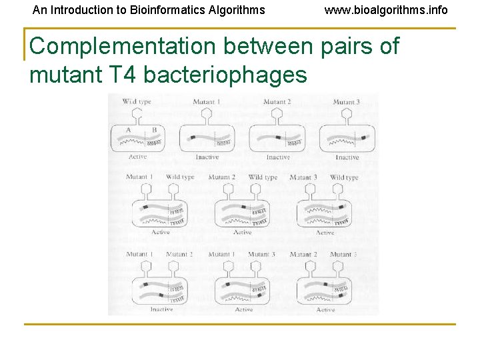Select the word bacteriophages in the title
(x=225, y=75)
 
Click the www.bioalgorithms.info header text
(x=386, y=10)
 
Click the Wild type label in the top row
(x=137, y=101)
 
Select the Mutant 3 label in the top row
(x=346, y=101)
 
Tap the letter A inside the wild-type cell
(x=128, y=129)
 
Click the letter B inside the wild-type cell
(x=154, y=129)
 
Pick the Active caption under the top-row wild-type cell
(x=137, y=157)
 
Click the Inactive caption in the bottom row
(x=161, y=309)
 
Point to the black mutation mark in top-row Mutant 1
(x=193, y=137)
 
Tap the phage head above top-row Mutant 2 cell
(x=277, y=113)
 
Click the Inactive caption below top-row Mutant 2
(x=277, y=157)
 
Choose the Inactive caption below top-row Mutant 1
(x=207, y=157)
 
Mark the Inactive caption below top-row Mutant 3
(x=347, y=157)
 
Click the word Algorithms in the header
(x=237, y=10)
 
